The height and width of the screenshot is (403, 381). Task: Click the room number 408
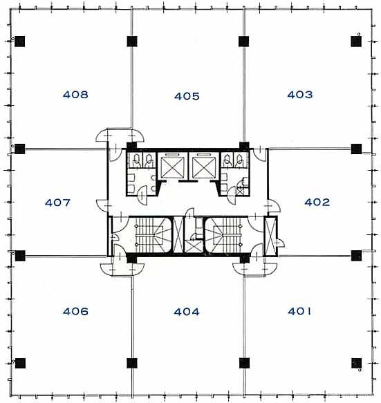[75, 95]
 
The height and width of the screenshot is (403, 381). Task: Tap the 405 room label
[187, 96]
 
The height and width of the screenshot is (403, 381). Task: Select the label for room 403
[300, 95]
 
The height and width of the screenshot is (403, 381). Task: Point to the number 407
[57, 203]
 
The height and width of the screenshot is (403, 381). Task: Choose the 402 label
[317, 202]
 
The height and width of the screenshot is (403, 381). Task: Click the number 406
[75, 312]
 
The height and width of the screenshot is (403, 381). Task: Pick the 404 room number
[187, 312]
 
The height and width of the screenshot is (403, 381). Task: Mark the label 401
[299, 311]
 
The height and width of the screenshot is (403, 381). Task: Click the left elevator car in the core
[172, 167]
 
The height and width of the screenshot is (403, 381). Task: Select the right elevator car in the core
[203, 167]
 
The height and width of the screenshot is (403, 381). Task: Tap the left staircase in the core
[153, 235]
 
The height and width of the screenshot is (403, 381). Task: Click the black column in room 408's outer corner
[20, 41]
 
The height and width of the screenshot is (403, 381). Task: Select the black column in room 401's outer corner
[356, 363]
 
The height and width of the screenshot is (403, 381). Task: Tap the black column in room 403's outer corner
[356, 41]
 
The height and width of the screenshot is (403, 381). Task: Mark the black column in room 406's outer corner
[20, 363]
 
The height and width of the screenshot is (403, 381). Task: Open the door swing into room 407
[102, 205]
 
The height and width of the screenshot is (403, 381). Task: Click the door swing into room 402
[274, 205]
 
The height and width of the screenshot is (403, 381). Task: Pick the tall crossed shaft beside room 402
[270, 236]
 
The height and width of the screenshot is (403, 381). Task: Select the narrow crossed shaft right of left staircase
[178, 235]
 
